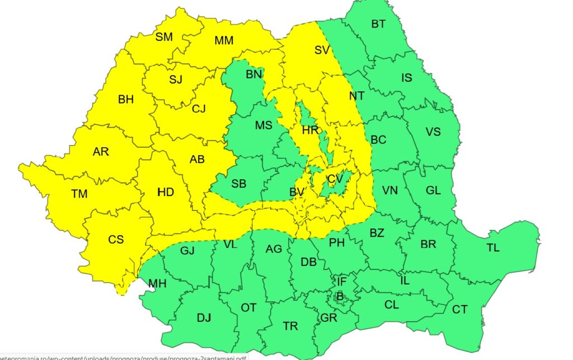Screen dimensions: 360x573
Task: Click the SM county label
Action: [x=164, y=37]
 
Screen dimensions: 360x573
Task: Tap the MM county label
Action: [x=224, y=40]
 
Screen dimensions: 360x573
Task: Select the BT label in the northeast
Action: [x=378, y=24]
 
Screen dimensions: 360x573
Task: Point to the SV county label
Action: [x=321, y=50]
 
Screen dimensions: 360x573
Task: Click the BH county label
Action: [x=126, y=100]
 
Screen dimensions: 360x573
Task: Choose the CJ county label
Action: [x=199, y=109]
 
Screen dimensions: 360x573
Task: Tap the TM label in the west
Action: [x=79, y=194]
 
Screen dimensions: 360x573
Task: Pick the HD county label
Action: [x=166, y=193]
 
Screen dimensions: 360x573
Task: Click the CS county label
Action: [x=116, y=240]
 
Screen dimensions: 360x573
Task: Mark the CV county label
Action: [x=335, y=179]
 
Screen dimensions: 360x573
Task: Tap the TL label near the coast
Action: [x=493, y=247]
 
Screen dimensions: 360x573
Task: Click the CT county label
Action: [x=459, y=309]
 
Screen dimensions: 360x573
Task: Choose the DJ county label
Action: [x=204, y=318]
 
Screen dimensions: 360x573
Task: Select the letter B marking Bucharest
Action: [x=339, y=296]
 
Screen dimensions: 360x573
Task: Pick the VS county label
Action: [x=433, y=132]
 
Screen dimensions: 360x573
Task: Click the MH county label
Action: [x=157, y=284]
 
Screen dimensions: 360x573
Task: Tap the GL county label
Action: [x=433, y=190]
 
